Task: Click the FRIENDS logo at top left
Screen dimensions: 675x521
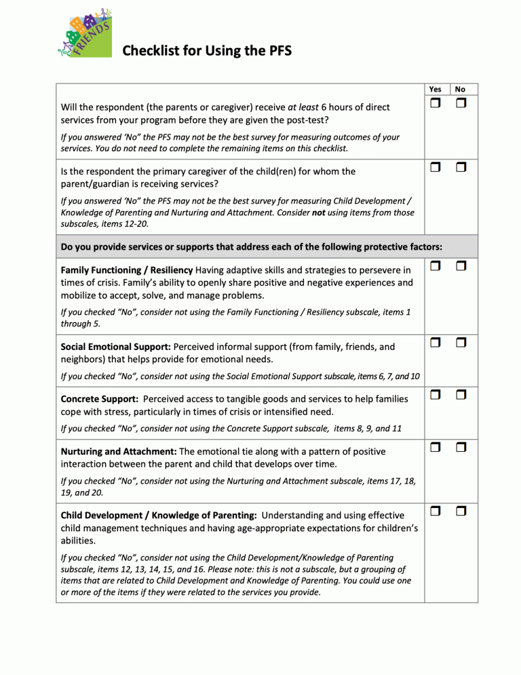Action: [x=84, y=34]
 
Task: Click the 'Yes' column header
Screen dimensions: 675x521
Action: [x=436, y=89]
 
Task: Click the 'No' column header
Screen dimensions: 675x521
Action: [x=461, y=89]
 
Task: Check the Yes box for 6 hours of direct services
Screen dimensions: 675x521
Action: [x=435, y=104]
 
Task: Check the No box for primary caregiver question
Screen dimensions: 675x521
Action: [x=461, y=167]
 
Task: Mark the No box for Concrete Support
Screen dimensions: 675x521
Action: [x=461, y=394]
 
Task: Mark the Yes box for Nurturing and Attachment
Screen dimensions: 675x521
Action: [x=435, y=447]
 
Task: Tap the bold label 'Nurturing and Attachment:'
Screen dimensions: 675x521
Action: [x=119, y=451]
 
